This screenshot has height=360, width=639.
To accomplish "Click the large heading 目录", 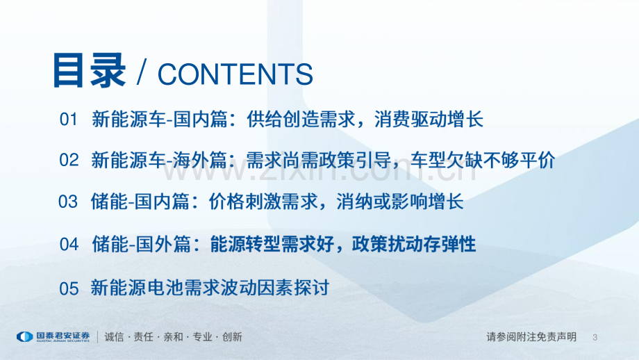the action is tap(89, 71).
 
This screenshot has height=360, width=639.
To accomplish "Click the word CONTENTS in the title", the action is tap(235, 74).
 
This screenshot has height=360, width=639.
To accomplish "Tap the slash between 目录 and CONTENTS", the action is tap(142, 72).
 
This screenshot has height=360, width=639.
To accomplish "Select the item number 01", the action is tap(68, 120).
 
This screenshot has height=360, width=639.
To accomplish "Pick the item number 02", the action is tap(69, 160).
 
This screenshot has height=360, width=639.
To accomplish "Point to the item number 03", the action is tap(68, 202).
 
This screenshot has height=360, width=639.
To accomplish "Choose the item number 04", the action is tap(69, 245).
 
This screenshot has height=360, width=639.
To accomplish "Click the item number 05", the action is tap(69, 288).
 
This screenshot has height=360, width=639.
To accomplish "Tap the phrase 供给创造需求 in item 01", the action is tap(301, 120).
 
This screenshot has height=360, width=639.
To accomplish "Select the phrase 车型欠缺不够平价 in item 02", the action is tap(483, 160).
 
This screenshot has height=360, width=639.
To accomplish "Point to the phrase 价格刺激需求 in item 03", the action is tap(263, 202).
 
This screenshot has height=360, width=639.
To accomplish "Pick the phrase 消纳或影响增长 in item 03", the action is tap(400, 202).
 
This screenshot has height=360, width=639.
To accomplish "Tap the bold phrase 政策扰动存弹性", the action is tap(414, 244).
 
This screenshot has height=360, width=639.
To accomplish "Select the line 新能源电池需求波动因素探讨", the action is tap(210, 288).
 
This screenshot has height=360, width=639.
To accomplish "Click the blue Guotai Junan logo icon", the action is tap(24, 337).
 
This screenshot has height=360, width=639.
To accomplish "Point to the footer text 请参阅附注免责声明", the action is tap(531, 337).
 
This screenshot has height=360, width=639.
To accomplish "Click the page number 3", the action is tap(595, 337).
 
